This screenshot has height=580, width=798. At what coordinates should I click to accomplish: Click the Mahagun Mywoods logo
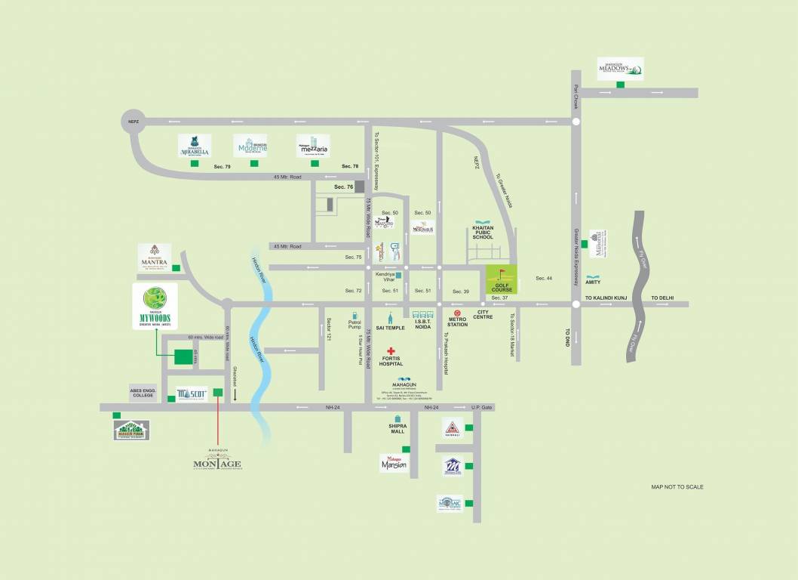(x=155, y=307)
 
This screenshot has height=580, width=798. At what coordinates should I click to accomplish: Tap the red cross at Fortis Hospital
(x=391, y=352)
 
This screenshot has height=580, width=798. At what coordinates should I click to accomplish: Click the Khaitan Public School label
(x=482, y=232)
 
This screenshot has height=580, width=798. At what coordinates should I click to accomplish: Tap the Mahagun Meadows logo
(x=621, y=69)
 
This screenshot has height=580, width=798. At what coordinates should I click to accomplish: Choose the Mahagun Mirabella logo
(x=195, y=145)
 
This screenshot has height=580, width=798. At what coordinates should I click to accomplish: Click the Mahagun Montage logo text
(x=217, y=462)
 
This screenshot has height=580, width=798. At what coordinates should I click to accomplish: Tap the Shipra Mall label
(x=397, y=428)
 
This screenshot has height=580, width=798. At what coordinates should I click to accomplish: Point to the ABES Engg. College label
(x=143, y=393)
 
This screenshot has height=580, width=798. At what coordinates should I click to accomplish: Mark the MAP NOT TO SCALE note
(x=677, y=487)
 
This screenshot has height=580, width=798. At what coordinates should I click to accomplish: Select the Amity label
(x=593, y=282)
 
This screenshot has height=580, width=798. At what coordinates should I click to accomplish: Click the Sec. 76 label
(x=344, y=187)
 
